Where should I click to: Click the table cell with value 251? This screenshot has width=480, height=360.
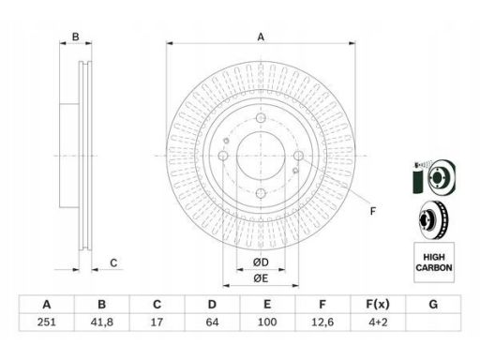47,322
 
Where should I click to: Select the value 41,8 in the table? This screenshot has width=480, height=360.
101,322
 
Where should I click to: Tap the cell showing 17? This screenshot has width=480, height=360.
157,322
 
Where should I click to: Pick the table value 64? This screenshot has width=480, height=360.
212,322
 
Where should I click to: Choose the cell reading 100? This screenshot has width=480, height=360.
267,322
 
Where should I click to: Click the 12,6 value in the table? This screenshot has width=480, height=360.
322,322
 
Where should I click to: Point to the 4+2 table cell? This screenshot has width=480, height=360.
378,322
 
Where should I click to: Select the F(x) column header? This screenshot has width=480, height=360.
378,304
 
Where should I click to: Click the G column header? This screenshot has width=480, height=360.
433,304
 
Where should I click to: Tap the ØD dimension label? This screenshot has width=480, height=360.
261,262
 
